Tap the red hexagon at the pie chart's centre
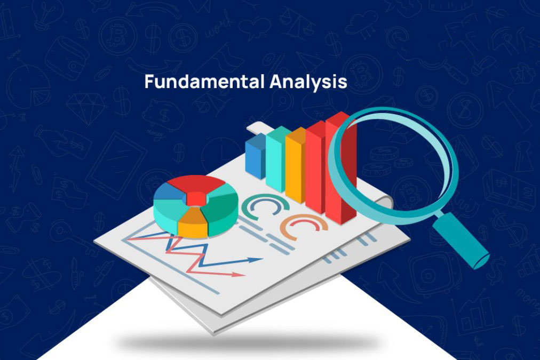click(x=196, y=198)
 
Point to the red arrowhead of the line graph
click(x=239, y=274)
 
